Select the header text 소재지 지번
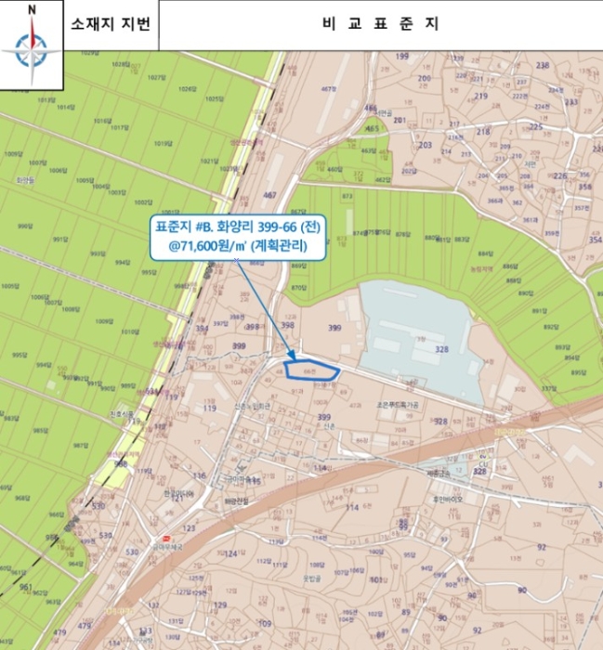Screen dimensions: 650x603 click(x=109, y=25)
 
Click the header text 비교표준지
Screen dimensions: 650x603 click(x=380, y=25)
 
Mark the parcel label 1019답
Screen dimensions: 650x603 click(x=164, y=144)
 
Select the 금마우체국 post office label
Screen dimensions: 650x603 click(x=178, y=549)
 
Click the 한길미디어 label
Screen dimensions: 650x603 click(x=177, y=493)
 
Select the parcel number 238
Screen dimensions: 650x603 click(x=543, y=66)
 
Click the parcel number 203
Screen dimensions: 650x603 click(x=426, y=146)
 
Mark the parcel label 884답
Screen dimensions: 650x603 click(x=485, y=253)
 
